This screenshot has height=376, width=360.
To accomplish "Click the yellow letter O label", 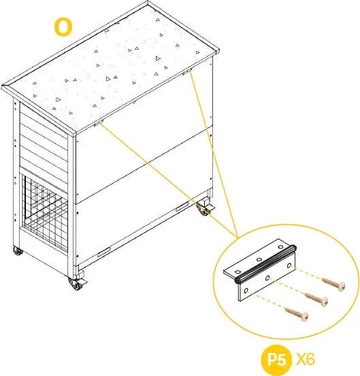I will point(63,28).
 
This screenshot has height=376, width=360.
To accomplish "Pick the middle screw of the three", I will point(317,298).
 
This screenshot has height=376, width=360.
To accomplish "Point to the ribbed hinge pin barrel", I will point(265,267).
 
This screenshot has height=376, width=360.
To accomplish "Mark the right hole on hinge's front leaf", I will point(291,265).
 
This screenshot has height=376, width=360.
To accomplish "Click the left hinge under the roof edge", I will point(99,123).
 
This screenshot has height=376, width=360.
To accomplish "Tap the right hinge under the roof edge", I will point(186,72).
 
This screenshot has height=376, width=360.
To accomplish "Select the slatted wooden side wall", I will point(44,136).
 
